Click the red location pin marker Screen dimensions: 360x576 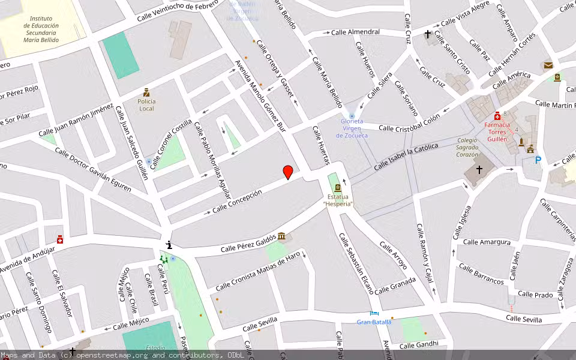tap(288, 172)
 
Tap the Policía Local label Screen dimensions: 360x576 tap(146, 105)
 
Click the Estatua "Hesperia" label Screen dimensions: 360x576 tap(337, 200)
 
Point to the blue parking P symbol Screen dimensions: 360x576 tap(538, 160)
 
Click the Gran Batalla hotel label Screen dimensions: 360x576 tap(374, 322)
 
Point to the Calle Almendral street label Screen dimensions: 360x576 tap(355, 31)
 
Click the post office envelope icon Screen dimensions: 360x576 tap(548, 65)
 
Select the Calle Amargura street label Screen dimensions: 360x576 tap(487, 242)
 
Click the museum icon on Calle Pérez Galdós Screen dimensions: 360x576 tap(281, 236)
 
